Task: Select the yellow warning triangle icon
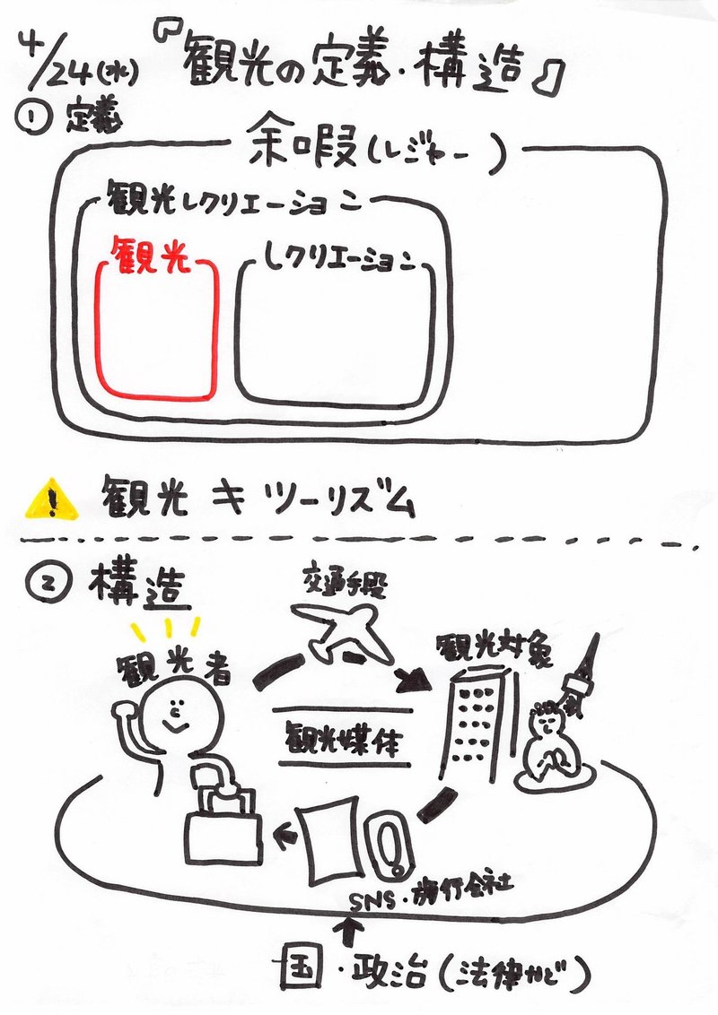coord(50,499)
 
